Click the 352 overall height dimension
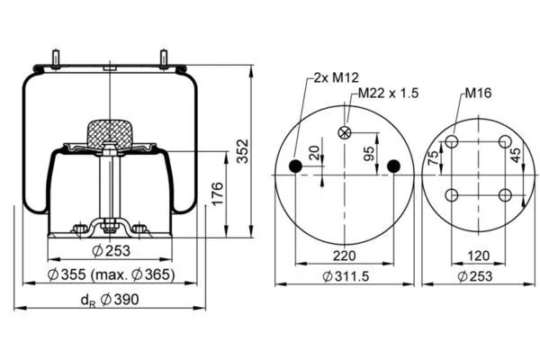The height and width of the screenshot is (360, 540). click(243, 151)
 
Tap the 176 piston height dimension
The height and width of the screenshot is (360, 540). click(217, 194)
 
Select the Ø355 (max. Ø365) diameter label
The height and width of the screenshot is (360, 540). click(111, 274)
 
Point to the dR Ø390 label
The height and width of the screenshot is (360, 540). click(110, 300)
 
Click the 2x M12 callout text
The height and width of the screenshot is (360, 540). click(336, 77)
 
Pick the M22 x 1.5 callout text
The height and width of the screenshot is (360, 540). click(389, 93)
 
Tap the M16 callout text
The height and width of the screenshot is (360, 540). click(479, 93)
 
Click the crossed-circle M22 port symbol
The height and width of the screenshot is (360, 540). click(345, 132)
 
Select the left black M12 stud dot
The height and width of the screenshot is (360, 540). click(295, 166)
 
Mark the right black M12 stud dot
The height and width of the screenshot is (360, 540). click(393, 166)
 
